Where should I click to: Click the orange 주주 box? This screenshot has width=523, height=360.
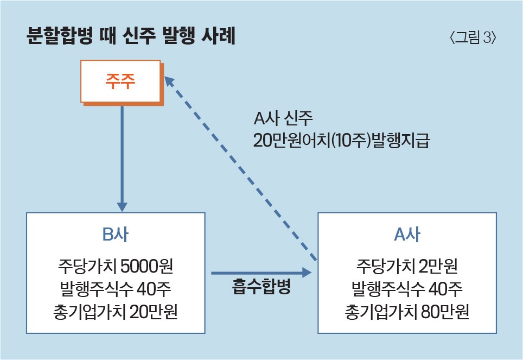click(x=122, y=83)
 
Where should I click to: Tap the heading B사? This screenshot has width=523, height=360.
click(x=116, y=234)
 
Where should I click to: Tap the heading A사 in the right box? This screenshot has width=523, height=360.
click(x=407, y=234)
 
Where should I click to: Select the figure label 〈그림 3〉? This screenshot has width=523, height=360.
click(x=473, y=37)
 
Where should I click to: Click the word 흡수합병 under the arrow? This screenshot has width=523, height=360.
click(x=261, y=286)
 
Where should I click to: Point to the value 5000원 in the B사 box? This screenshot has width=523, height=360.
click(x=147, y=266)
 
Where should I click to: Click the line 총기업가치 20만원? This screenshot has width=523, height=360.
click(x=116, y=312)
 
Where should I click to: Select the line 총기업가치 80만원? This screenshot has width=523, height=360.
click(x=407, y=312)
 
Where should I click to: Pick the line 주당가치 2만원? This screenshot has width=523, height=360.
click(x=407, y=266)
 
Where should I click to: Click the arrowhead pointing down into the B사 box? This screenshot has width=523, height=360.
click(x=122, y=206)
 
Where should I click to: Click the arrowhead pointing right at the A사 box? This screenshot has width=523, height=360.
click(x=307, y=273)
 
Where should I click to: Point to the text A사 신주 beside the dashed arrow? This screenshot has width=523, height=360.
click(x=283, y=118)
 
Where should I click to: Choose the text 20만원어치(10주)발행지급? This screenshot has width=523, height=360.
click(x=342, y=140)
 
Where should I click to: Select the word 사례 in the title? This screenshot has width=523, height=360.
click(x=219, y=35)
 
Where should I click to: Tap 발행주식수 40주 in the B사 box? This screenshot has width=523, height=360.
click(x=116, y=289)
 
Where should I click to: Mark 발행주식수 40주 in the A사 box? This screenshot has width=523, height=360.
click(x=407, y=289)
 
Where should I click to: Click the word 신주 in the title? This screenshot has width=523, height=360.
click(x=139, y=35)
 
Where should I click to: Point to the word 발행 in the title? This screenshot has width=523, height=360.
click(x=179, y=35)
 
